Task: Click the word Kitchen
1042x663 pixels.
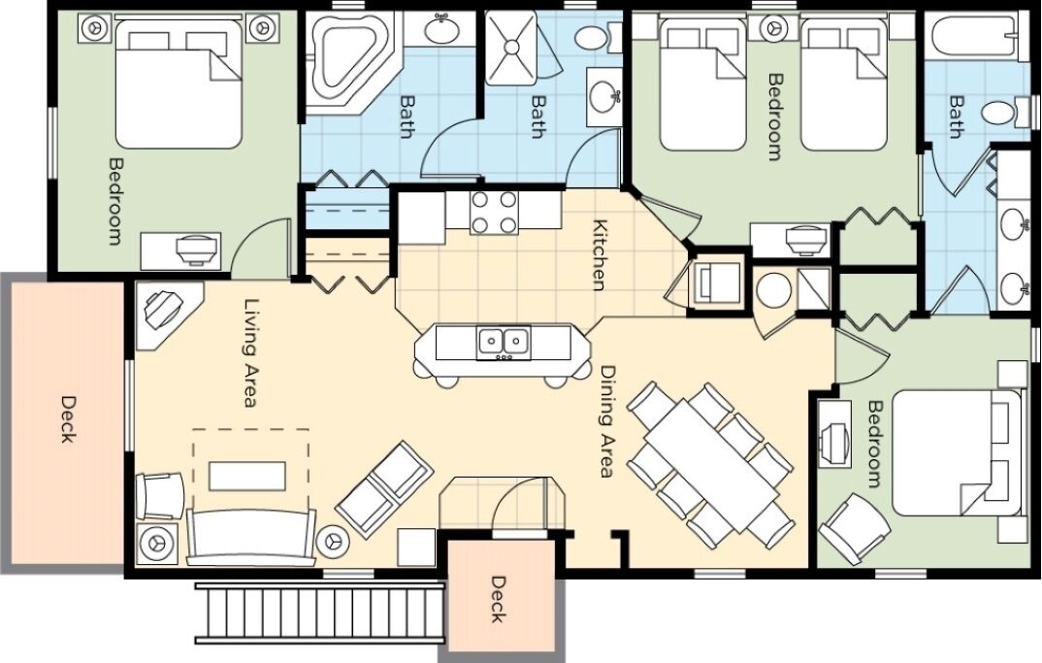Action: pyautogui.click(x=599, y=254)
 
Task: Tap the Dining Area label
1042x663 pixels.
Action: pyautogui.click(x=606, y=421)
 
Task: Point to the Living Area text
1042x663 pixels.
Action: pyautogui.click(x=251, y=352)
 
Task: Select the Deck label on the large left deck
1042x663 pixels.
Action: pyautogui.click(x=68, y=419)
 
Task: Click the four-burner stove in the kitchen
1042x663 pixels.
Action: pyautogui.click(x=493, y=213)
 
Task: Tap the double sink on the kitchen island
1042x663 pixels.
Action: pyautogui.click(x=504, y=342)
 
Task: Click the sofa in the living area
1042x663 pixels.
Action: pyautogui.click(x=251, y=537)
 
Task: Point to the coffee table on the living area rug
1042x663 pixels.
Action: pyautogui.click(x=247, y=476)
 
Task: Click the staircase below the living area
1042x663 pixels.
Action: pyautogui.click(x=319, y=613)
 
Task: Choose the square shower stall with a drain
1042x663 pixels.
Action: pyautogui.click(x=510, y=48)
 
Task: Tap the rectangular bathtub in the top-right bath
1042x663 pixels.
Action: pyautogui.click(x=972, y=37)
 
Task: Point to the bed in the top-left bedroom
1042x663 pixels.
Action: pyautogui.click(x=179, y=83)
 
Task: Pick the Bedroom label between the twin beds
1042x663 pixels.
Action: pyautogui.click(x=775, y=117)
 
